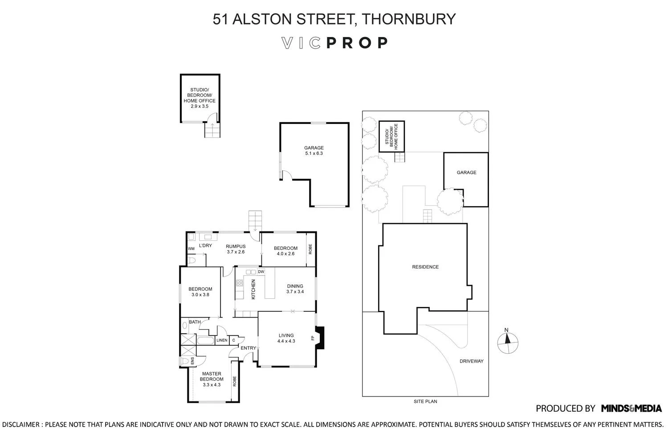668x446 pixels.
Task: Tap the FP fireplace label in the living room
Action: [x=313, y=338]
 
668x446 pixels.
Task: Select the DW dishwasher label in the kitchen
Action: [x=261, y=272]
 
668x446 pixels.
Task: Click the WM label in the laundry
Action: [x=191, y=248]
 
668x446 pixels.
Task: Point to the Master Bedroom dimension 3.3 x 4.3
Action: [x=212, y=385]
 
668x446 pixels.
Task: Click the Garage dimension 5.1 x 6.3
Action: [x=314, y=153]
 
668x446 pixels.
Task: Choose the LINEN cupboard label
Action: [x=222, y=340]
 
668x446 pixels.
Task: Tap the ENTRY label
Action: [x=248, y=348]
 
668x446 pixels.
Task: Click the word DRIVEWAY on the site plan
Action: [x=472, y=361]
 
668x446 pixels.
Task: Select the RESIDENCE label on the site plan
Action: [x=425, y=267]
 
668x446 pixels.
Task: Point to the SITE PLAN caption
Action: [x=425, y=401]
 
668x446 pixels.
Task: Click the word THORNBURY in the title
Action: [x=408, y=19]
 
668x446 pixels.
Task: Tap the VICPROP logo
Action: [x=334, y=43]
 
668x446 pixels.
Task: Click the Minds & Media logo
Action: [x=631, y=409]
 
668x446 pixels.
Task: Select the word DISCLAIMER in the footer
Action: [x=20, y=425]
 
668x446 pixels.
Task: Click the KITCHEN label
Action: [x=253, y=289]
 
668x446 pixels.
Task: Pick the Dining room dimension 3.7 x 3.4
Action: [x=295, y=292]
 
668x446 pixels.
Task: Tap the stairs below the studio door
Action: [x=212, y=130]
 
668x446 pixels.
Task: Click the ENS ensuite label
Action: [x=192, y=361]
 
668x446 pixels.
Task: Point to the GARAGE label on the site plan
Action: [x=466, y=172]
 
